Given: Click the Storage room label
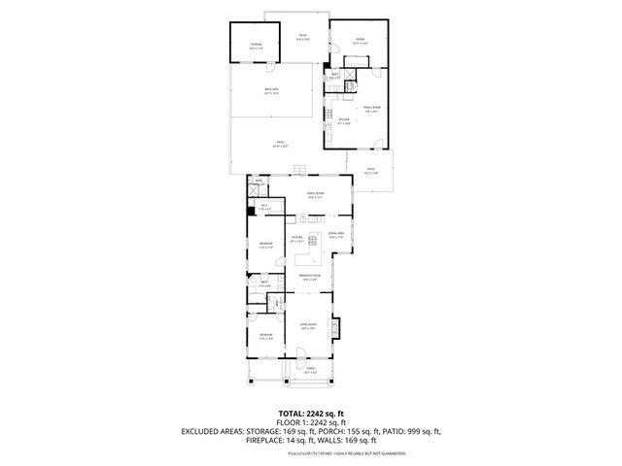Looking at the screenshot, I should [256, 46].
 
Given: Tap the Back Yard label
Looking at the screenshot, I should [271, 91].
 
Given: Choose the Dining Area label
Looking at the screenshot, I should [336, 235].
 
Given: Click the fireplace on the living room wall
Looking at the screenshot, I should [336, 328].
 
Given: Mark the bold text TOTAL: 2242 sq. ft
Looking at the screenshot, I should [310, 414].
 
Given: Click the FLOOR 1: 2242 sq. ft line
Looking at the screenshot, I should [310, 422].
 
